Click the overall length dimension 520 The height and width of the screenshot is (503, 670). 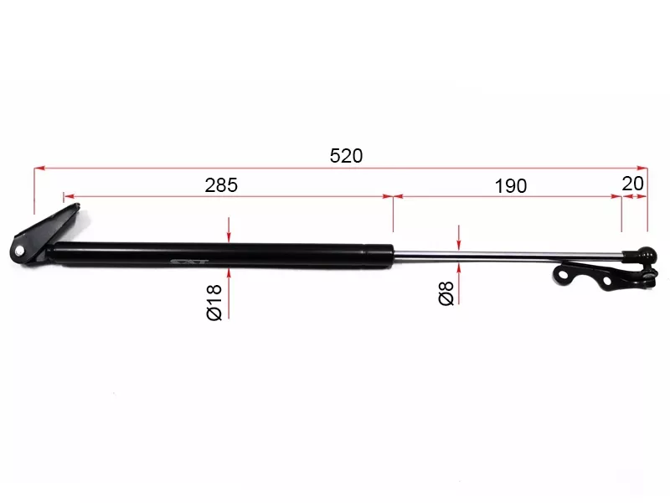point(346,155)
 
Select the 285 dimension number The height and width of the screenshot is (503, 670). point(222,185)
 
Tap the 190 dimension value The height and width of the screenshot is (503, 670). point(510,186)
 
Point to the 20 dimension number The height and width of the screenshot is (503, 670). point(633,183)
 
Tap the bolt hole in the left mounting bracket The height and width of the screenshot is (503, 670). point(18,251)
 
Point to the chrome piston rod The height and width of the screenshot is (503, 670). point(502,253)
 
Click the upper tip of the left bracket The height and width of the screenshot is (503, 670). point(66,197)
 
